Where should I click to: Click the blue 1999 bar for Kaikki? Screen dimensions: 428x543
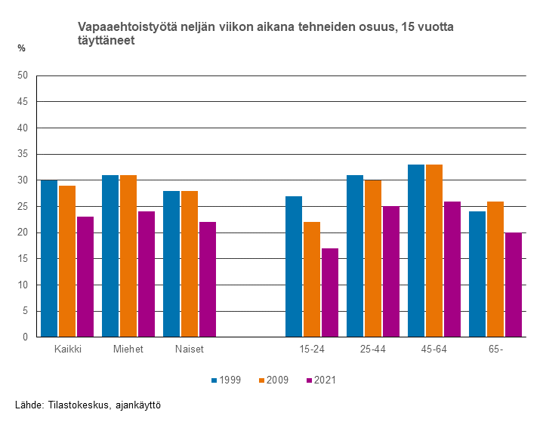point(49,258)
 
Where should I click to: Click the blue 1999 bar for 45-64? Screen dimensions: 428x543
point(416,251)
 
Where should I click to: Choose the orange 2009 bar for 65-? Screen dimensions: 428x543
point(495,269)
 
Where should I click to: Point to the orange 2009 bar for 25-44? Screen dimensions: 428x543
point(373,258)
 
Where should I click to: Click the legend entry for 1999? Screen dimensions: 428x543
point(226,380)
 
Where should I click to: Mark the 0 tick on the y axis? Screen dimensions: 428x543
point(25,337)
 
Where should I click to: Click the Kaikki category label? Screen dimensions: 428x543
point(68,349)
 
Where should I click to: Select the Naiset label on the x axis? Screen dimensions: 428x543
point(190,349)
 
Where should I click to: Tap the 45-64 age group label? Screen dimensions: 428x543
point(434,349)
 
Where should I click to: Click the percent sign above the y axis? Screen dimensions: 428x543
point(22,48)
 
